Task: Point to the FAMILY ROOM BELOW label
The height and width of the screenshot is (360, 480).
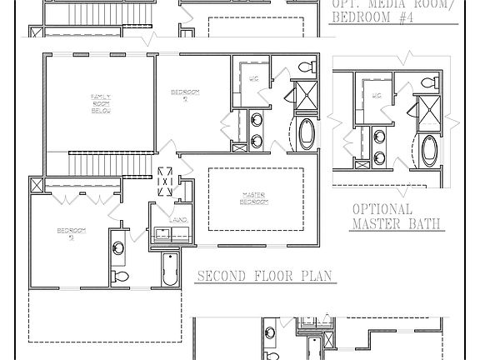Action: (x=102, y=102)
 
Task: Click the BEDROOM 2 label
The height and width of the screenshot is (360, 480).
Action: (x=184, y=94)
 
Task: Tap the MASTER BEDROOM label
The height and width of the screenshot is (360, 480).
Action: (x=254, y=198)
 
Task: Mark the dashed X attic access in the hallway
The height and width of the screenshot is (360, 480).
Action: (x=166, y=181)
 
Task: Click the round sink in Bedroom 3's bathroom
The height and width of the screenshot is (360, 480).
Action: (x=118, y=247)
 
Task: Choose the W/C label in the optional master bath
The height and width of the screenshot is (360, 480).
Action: (x=377, y=96)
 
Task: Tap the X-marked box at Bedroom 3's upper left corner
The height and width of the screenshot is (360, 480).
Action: (x=37, y=184)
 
